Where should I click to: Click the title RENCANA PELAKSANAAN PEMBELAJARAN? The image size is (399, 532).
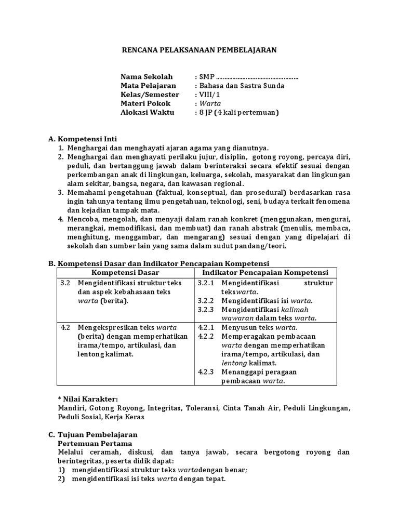pyautogui.click(x=199, y=50)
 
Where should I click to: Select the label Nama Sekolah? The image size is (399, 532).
pyautogui.click(x=146, y=77)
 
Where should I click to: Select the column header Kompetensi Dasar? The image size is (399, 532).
pyautogui.click(x=125, y=273)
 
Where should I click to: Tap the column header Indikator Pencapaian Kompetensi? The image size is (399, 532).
pyautogui.click(x=265, y=273)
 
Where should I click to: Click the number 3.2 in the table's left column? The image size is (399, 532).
pyautogui.click(x=65, y=283)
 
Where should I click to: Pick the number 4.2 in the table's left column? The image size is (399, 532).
pyautogui.click(x=65, y=327)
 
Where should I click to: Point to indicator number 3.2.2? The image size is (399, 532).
pyautogui.click(x=206, y=300)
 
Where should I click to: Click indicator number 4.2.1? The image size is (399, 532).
pyautogui.click(x=206, y=327)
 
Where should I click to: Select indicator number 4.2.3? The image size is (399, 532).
pyautogui.click(x=206, y=372)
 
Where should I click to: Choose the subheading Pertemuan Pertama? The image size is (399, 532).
pyautogui.click(x=95, y=444)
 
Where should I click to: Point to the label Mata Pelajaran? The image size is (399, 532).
pyautogui.click(x=148, y=86)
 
